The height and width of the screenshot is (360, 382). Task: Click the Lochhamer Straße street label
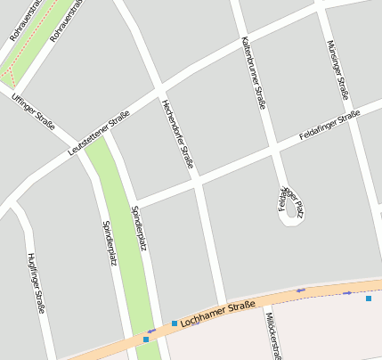coord(217,313)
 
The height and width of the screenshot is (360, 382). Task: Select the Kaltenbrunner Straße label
coord(254,72)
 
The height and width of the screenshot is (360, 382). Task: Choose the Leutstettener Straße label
coord(99,134)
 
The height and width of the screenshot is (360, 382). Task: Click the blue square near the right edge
coord(368,299)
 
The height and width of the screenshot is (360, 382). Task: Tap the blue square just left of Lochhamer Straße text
coord(175,323)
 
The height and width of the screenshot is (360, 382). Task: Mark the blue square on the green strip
coord(146,339)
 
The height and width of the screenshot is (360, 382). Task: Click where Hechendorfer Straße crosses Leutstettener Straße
coord(159,89)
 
